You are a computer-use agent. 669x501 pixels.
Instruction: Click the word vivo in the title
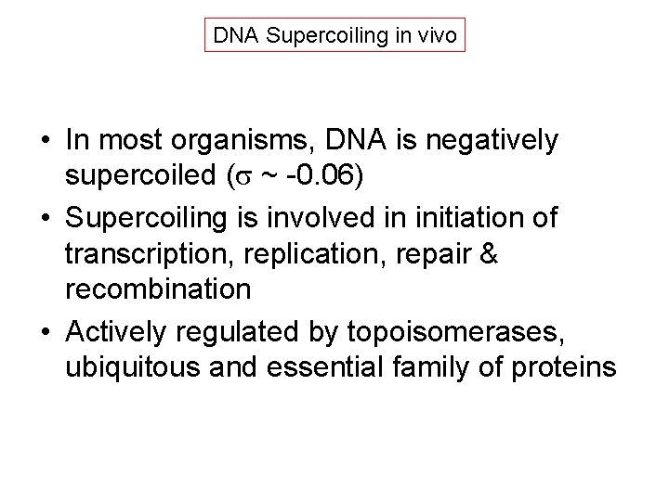coord(436,36)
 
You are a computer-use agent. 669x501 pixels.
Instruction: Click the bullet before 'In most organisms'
coord(44,142)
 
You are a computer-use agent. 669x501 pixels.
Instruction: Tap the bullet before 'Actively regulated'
coord(44,329)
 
